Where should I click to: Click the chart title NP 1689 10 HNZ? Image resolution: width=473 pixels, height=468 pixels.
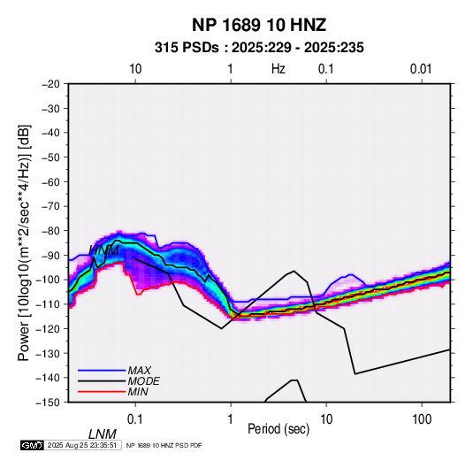(259, 25)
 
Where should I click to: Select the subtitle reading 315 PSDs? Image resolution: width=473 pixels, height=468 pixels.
(187, 48)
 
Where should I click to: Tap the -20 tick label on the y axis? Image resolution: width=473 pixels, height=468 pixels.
(50, 84)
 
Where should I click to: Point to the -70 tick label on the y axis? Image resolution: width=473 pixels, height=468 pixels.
(50, 206)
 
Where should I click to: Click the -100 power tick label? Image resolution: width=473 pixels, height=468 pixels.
(48, 280)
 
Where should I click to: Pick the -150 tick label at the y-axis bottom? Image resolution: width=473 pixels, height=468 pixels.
(48, 403)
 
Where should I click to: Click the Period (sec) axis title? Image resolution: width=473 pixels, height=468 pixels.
(278, 429)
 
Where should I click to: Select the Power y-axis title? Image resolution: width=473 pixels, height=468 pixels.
(24, 243)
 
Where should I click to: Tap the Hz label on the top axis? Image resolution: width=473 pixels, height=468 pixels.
(278, 69)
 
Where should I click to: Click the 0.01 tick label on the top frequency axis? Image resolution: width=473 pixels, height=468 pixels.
(421, 69)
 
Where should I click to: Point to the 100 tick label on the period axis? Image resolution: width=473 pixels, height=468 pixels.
(422, 419)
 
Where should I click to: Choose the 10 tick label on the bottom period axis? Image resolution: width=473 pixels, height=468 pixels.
(326, 419)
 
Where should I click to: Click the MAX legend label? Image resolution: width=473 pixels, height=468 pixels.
(140, 370)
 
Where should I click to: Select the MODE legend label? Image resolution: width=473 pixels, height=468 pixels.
(143, 381)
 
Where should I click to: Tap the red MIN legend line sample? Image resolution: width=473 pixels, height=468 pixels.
(102, 392)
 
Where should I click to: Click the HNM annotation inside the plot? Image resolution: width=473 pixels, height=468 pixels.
(104, 250)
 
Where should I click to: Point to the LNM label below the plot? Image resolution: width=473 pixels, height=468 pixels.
(102, 434)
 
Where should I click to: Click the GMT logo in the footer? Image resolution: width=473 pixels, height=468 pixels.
(32, 445)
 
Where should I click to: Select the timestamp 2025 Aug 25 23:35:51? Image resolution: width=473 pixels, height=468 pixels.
(82, 445)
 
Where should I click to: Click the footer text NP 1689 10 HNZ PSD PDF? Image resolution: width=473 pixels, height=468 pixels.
(164, 445)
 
